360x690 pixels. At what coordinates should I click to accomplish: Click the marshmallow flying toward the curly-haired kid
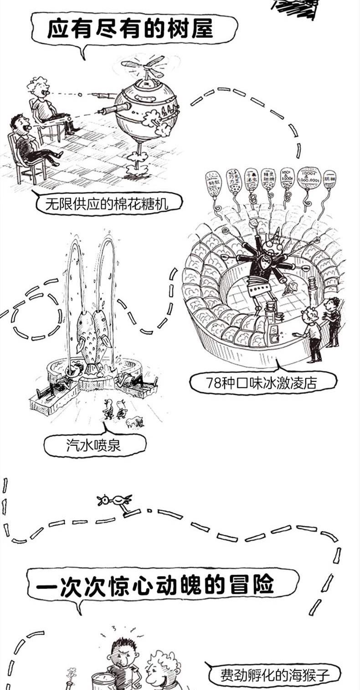click(80, 94)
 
